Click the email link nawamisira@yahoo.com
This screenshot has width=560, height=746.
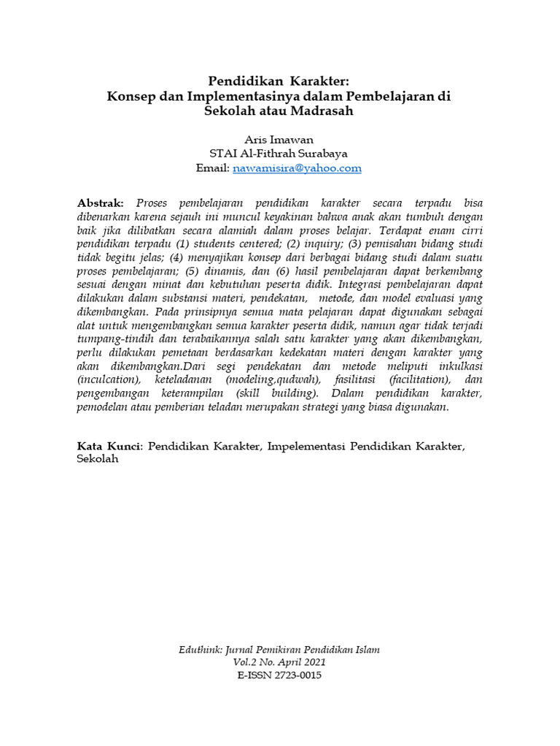297,168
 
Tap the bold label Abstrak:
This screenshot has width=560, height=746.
101,202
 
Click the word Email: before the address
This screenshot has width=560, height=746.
213,168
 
